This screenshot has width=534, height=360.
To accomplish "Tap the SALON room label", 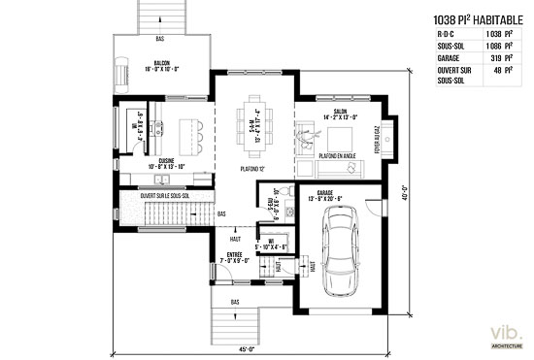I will click(340, 113).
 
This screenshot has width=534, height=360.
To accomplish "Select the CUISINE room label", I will click(160, 161).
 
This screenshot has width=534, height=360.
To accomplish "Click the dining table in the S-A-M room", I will click(255, 124).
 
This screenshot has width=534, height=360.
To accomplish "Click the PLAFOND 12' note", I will click(254, 169).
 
